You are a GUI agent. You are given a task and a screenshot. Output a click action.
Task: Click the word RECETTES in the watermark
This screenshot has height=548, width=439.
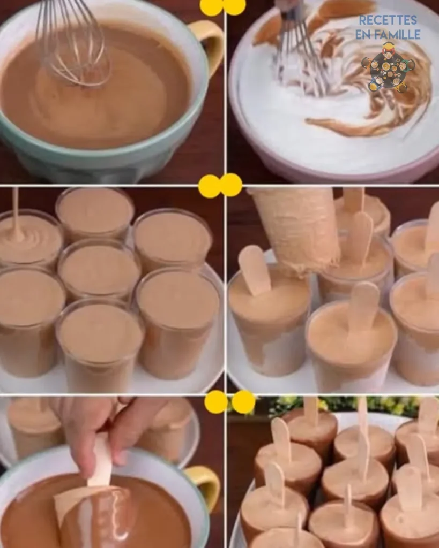(x=388, y=20)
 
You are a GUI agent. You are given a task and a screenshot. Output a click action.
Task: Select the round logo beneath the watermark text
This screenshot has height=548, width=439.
(x=388, y=67)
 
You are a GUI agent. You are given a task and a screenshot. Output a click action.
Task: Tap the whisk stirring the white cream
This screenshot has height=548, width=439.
(x=301, y=49)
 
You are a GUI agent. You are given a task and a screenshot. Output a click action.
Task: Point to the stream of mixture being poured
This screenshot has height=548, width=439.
(x=16, y=213)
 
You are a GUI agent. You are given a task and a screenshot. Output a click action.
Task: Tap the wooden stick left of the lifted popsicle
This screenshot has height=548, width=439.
(x=254, y=270)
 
